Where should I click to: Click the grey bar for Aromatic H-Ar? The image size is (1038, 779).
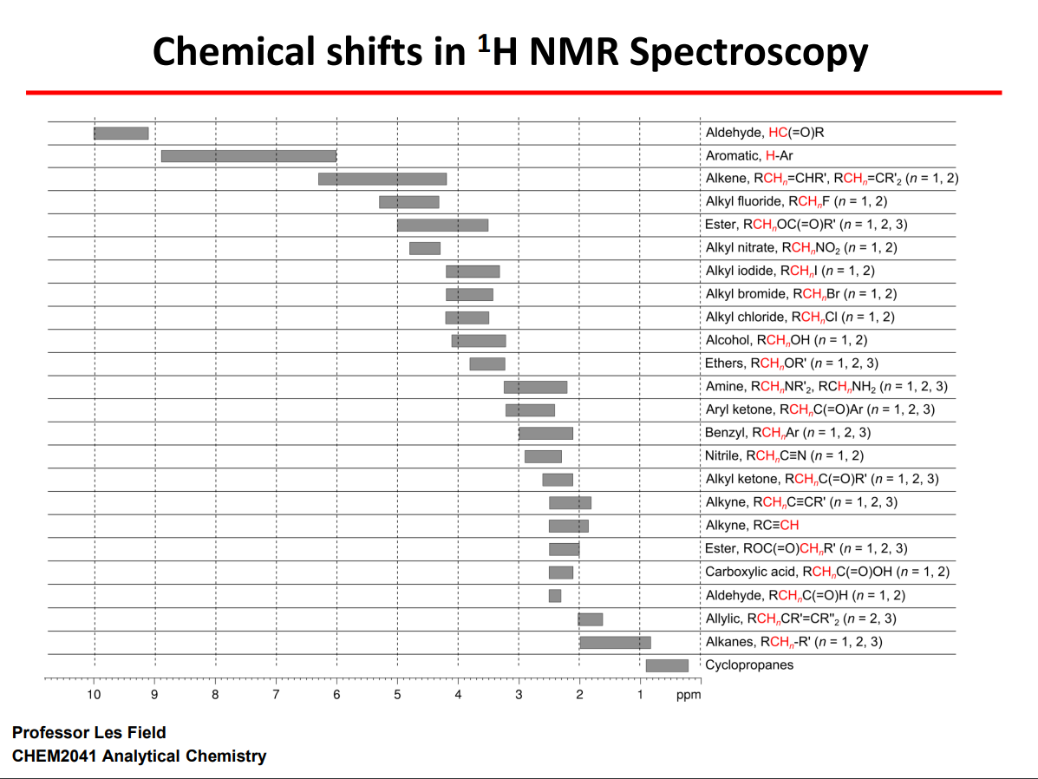point(249,156)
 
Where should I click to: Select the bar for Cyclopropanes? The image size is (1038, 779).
point(667,665)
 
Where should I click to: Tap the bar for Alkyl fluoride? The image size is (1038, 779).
point(408,202)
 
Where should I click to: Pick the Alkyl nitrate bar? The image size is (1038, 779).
point(425,248)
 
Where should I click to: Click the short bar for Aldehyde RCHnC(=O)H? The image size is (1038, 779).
point(554,596)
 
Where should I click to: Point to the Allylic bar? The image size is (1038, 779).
point(591,619)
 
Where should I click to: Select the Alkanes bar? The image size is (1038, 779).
point(615,642)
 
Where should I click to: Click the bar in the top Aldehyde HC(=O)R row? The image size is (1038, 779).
point(121,133)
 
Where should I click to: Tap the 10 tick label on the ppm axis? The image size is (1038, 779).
point(94,695)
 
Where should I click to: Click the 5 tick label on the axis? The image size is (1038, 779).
point(397,695)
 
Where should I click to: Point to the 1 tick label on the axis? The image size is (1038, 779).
point(640,695)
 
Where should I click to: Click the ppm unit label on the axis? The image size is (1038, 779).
point(688,695)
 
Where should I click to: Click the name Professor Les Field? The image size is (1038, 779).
point(89,733)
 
